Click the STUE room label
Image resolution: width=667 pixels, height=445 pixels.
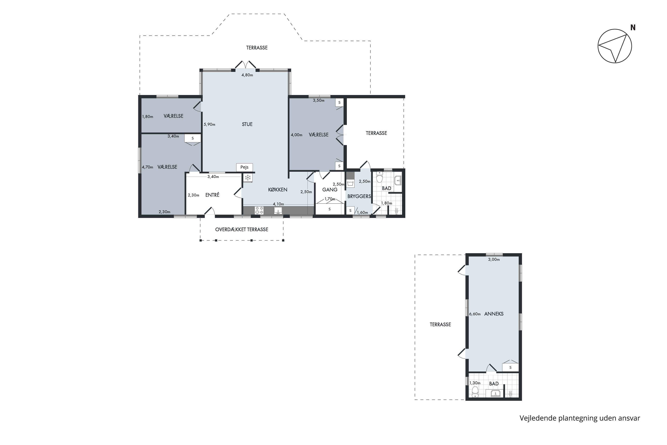tap(247, 124)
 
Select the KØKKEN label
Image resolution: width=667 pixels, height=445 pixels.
tap(278, 190)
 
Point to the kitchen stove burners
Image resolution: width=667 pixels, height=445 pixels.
tap(259, 210)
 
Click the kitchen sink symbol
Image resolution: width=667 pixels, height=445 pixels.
tap(278, 210)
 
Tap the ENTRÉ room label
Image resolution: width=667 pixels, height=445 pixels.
tap(212, 195)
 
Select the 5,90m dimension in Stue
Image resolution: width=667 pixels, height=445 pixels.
tap(210, 124)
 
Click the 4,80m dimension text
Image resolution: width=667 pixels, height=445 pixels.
tap(247, 75)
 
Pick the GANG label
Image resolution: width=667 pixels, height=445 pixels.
tap(330, 190)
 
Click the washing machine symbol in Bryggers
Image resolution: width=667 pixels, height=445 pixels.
tap(351, 183)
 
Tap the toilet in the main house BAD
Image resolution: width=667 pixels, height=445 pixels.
tap(380, 177)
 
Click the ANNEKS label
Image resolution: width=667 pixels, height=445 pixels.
tap(494, 314)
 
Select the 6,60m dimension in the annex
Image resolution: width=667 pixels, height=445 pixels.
tap(475, 314)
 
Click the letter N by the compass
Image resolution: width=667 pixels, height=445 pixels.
tap(633, 28)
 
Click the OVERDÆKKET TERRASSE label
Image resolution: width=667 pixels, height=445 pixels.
tap(242, 230)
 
